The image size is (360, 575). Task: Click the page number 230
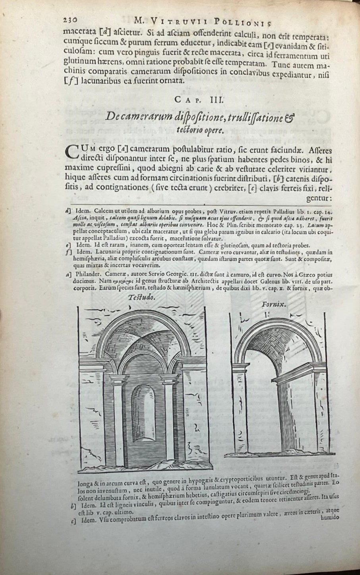72,20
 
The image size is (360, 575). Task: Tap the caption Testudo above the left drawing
142,297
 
